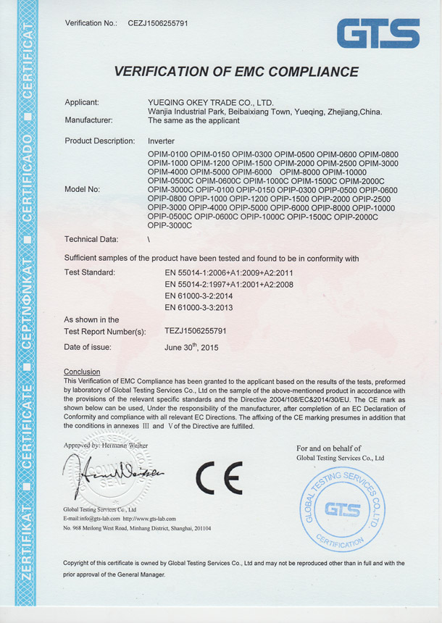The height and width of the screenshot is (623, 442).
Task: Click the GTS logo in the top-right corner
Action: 378,34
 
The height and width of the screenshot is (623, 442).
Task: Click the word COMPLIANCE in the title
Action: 305,72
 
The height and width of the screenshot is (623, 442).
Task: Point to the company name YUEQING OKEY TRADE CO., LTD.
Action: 209,102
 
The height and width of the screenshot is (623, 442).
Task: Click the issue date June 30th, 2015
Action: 191,347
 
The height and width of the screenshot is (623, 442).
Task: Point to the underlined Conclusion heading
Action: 82,372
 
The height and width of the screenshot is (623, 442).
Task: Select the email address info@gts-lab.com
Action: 102,519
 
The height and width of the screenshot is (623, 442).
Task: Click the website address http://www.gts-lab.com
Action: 150,519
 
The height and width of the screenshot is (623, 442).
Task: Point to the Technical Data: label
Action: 91,238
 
